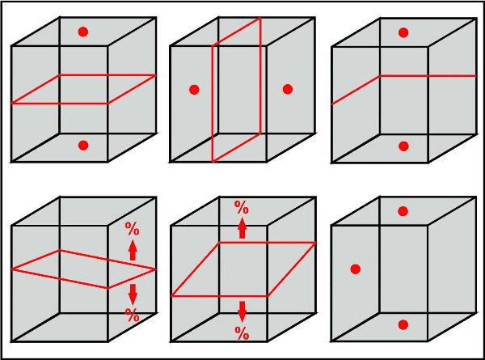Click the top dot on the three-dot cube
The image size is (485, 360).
tap(403, 211)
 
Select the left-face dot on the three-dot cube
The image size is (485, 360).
tap(356, 269)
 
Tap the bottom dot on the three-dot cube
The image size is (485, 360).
tap(403, 324)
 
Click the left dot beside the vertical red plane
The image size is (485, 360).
tap(194, 90)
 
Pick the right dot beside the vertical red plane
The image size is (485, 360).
tap(287, 89)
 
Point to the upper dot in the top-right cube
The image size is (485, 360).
tap(403, 32)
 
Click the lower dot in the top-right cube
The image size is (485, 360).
tap(403, 146)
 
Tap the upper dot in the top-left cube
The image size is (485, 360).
tap(83, 32)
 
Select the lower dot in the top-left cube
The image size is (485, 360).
tap(83, 145)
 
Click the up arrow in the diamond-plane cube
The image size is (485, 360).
tap(133, 250)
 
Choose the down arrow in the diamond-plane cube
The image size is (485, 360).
tap(133, 294)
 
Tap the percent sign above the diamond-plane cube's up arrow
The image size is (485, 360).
tap(132, 229)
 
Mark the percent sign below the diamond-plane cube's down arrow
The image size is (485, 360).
tap(132, 316)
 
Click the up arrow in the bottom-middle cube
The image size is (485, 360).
tap(242, 228)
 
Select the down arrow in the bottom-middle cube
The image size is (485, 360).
tap(242, 311)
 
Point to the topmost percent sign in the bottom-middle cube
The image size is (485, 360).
tap(242, 207)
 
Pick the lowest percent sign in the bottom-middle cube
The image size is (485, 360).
tap(242, 333)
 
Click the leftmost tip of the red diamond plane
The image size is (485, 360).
tap(12, 269)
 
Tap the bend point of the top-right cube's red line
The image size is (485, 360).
tap(380, 75)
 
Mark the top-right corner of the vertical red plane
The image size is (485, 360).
tap(260, 18)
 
